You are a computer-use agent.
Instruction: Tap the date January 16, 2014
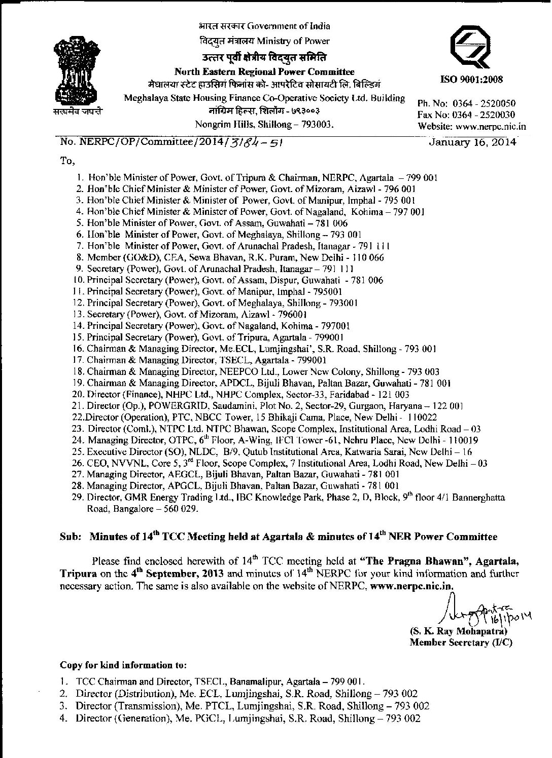click(472, 142)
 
